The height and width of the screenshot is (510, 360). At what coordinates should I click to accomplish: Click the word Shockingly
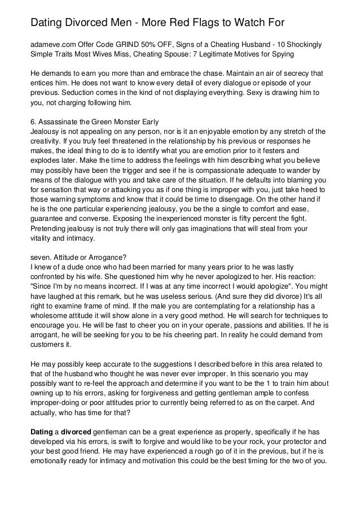coord(319,45)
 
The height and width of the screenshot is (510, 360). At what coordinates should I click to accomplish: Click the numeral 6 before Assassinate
coord(32,123)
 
